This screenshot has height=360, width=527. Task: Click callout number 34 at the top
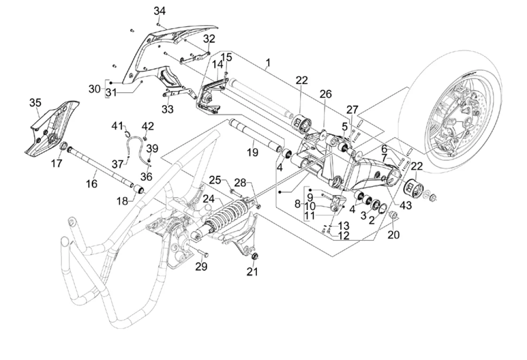tap(159, 11)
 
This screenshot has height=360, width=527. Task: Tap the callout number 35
tap(35, 102)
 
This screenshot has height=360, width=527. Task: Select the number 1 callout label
tap(268, 62)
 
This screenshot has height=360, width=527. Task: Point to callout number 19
tap(253, 152)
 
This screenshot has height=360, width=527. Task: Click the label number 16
tap(92, 183)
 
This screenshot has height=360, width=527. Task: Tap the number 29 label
tap(201, 267)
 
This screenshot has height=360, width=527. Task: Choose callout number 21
tap(253, 271)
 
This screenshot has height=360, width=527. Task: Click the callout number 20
tap(393, 234)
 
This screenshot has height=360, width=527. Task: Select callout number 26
tap(325, 94)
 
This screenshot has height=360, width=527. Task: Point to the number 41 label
tap(117, 126)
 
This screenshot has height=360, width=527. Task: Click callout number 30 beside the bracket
tap(95, 88)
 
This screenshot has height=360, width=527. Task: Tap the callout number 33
tap(167, 109)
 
